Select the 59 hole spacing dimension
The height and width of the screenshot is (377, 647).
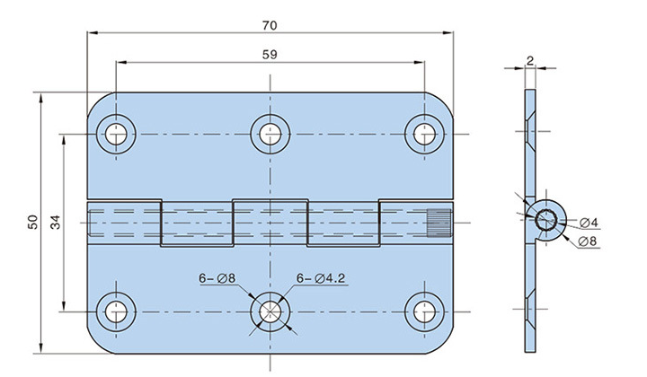click(x=269, y=54)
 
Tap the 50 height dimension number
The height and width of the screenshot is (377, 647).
click(x=32, y=222)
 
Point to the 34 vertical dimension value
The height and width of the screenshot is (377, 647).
click(x=55, y=222)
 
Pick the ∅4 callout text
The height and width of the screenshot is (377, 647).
click(x=577, y=223)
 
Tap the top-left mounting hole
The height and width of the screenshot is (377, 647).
click(x=116, y=135)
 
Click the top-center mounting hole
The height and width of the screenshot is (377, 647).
click(x=269, y=135)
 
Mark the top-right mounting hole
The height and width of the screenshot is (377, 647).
click(x=422, y=135)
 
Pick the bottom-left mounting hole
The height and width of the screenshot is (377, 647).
click(x=116, y=311)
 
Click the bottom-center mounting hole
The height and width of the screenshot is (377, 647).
click(x=269, y=311)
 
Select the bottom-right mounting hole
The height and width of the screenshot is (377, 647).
click(x=422, y=311)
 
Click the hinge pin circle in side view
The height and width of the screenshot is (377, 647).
click(x=545, y=219)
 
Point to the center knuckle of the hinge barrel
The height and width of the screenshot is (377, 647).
click(x=269, y=221)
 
